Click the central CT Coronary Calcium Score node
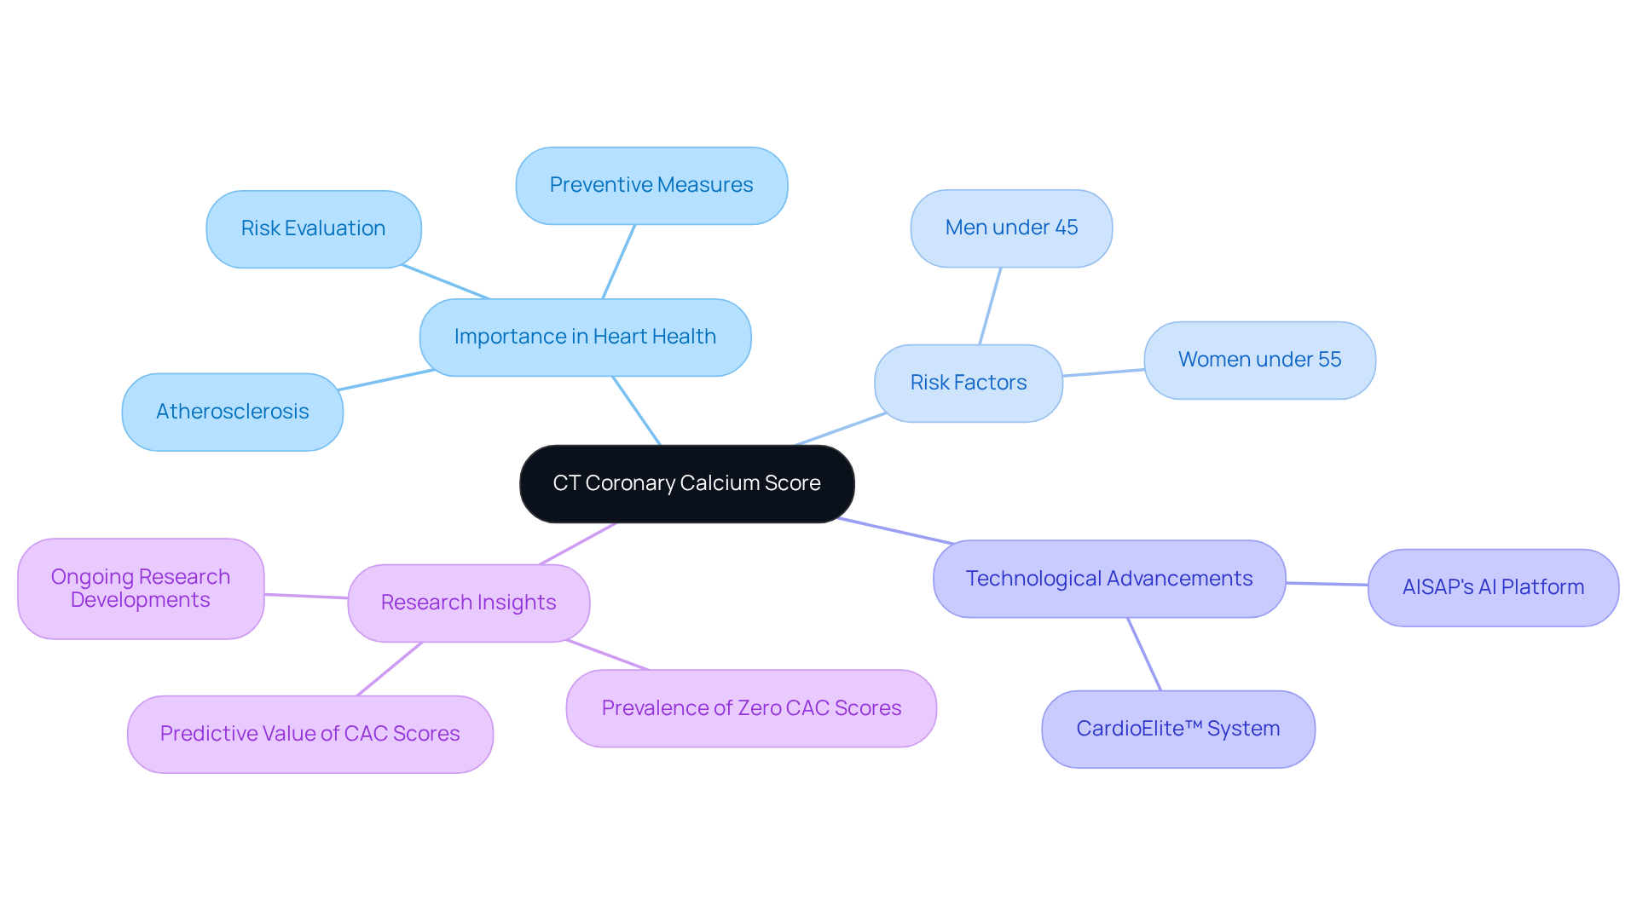[x=686, y=483]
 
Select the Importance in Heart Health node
[x=585, y=337]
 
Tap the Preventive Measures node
[x=651, y=185]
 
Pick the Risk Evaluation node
[x=313, y=228]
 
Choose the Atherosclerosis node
[x=232, y=412]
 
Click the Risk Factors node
[x=968, y=383]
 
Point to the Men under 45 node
[x=1011, y=228]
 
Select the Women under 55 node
[x=1259, y=360]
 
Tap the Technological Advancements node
[x=1108, y=579]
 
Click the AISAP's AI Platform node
[x=1493, y=587]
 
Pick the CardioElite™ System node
[x=1177, y=729]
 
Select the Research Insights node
[x=468, y=603]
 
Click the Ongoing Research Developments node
[x=141, y=588]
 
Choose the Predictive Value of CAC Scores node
[x=309, y=734]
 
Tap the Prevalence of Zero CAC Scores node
[x=751, y=708]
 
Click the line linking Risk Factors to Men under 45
[x=990, y=306]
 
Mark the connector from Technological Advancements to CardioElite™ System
[x=1144, y=654]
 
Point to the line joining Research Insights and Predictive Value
[x=390, y=669]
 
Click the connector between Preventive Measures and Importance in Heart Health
[x=619, y=262]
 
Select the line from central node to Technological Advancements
[x=895, y=530]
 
